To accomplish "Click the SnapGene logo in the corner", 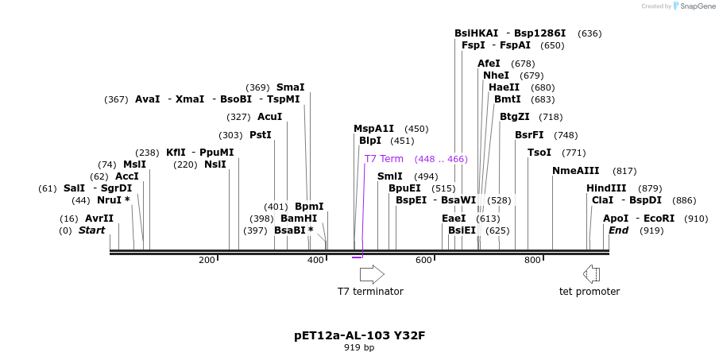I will (679, 6).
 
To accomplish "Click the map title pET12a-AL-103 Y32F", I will (359, 335).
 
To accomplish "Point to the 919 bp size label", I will (359, 348).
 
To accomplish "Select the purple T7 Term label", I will (384, 159).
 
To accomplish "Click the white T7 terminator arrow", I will (372, 274).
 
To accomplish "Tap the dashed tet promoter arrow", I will (591, 274).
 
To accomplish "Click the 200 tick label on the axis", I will (207, 261).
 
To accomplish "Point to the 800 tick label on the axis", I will (532, 261).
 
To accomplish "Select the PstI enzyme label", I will (261, 135).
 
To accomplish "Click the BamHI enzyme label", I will (299, 219).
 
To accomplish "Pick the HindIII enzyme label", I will (606, 188).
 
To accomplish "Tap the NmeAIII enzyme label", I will (576, 171).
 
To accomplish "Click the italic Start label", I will (91, 230).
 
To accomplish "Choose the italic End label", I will (619, 230).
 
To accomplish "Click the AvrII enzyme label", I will (99, 219).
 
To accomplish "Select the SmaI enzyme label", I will (290, 87).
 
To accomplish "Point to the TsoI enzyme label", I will (539, 153).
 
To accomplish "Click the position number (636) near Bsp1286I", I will (590, 33).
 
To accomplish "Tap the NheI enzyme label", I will (497, 75).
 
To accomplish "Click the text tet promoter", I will (590, 292).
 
